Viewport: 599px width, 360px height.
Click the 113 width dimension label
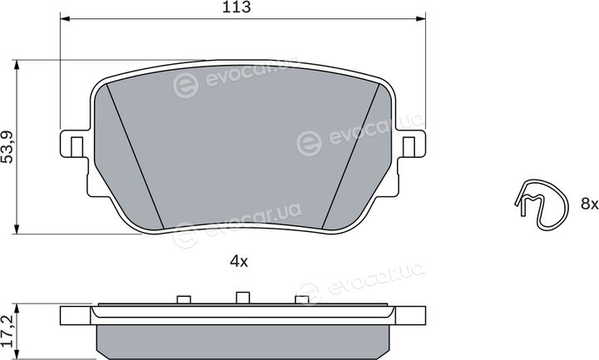point(236,7)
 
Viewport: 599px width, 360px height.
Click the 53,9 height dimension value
point(7,147)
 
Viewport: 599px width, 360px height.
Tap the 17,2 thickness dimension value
point(7,331)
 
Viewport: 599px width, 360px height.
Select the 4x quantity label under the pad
point(239,262)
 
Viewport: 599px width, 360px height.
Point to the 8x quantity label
point(589,204)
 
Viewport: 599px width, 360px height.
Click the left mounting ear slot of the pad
point(77,146)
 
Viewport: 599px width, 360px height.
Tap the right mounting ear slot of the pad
point(408,146)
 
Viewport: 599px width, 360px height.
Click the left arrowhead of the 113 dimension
point(65,18)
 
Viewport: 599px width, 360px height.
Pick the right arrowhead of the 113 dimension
point(421,18)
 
